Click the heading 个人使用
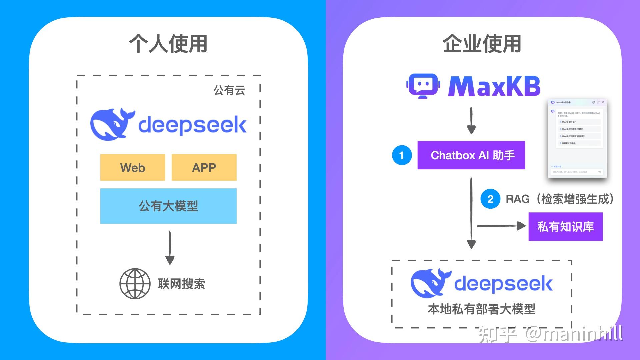pos(168,44)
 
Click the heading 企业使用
pos(482,44)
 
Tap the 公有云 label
pos(229,90)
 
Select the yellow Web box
pos(133,167)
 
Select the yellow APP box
pos(204,167)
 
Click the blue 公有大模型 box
pos(168,206)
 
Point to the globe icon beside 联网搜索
pos(135,284)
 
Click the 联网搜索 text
pos(181,284)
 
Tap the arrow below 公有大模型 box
pos(170,248)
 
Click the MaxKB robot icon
pos(423,86)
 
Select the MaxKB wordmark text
pos(494,86)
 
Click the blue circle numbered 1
pos(402,155)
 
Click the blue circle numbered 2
pos(490,199)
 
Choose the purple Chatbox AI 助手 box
pos(471,155)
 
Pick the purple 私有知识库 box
pos(565,227)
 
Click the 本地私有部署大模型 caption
pos(482,309)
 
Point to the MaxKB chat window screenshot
pos(577,138)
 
